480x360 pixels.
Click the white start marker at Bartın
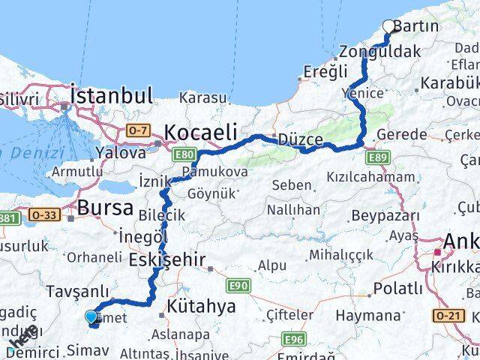coord(388,26)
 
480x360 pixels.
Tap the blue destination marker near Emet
coord(91,317)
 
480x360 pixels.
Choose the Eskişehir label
coord(166,259)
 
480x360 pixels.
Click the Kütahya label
coord(200,306)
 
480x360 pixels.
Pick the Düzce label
coord(300,140)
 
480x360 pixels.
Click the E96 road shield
coord(295,340)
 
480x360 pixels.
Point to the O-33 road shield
coord(43,214)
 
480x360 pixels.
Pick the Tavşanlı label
coord(77,292)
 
